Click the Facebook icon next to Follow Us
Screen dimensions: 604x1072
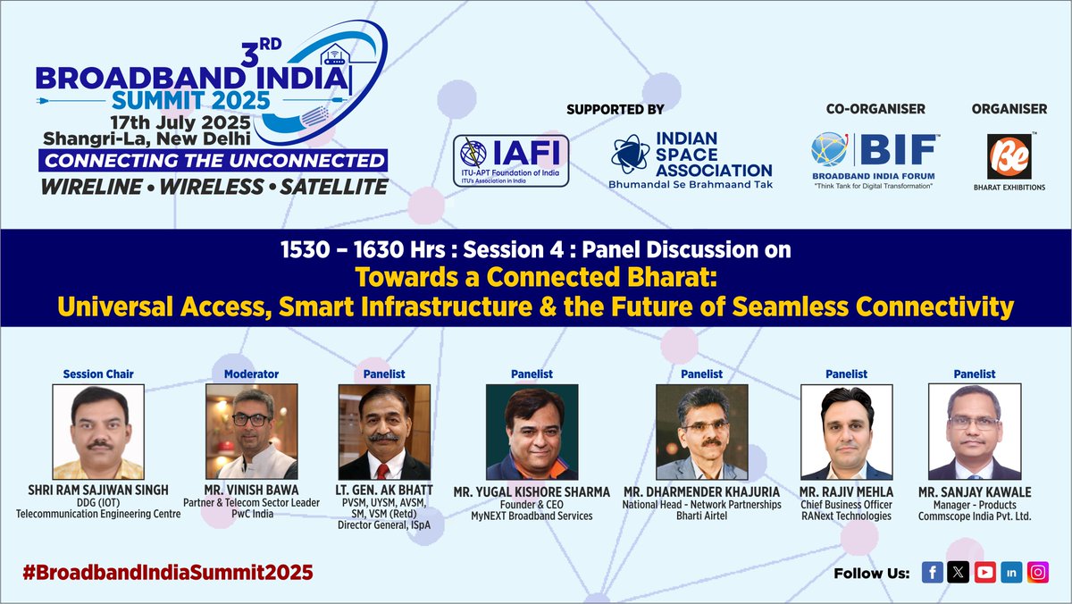click(x=933, y=573)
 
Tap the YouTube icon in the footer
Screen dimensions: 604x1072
click(x=985, y=573)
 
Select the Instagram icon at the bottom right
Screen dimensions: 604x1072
click(x=1037, y=573)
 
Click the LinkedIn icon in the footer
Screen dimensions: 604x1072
click(x=1011, y=573)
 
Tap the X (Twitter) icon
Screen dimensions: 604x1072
click(x=959, y=573)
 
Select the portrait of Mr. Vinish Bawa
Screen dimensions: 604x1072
click(x=251, y=432)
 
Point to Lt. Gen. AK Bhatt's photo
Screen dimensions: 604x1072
click(x=385, y=432)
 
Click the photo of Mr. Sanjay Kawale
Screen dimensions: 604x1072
click(x=974, y=432)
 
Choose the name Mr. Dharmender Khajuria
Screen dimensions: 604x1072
click(x=701, y=492)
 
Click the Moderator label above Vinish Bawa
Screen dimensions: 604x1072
click(x=251, y=374)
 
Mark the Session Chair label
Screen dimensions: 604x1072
click(x=98, y=374)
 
